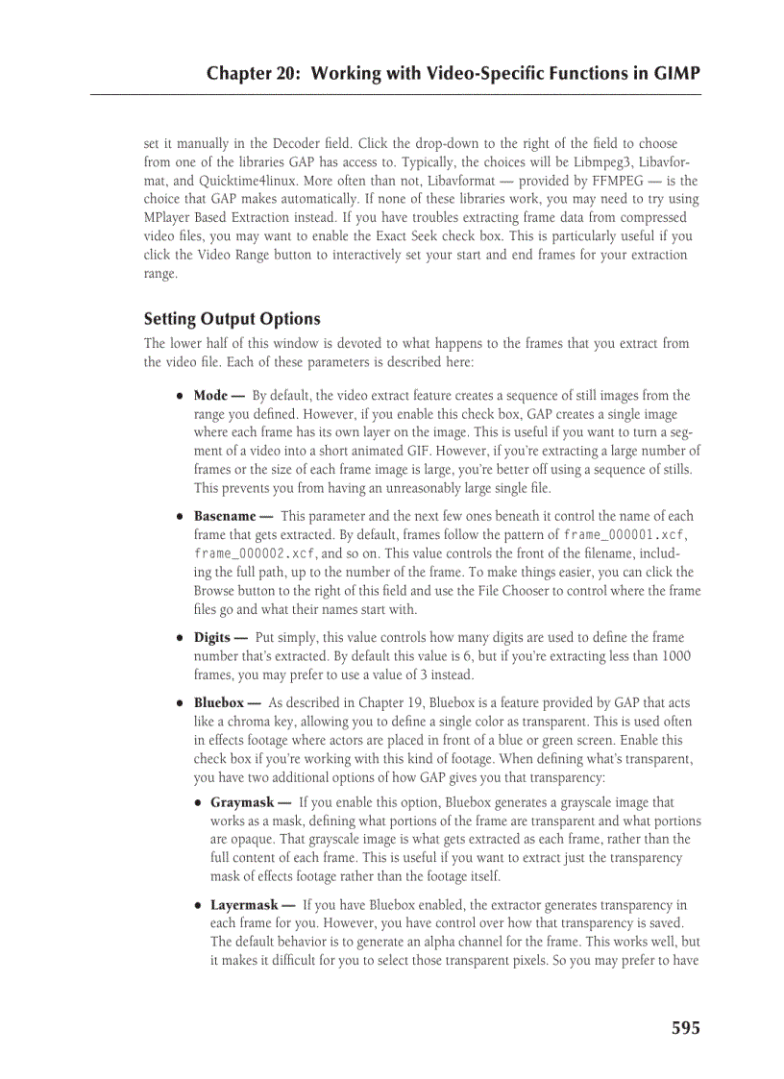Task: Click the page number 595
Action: [x=685, y=1028]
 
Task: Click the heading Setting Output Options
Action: [x=232, y=319]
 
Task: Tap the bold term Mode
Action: [x=210, y=395]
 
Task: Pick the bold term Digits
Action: [x=211, y=637]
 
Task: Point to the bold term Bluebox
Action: [x=219, y=703]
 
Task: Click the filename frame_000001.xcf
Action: [x=624, y=535]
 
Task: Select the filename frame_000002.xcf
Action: [x=254, y=553]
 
